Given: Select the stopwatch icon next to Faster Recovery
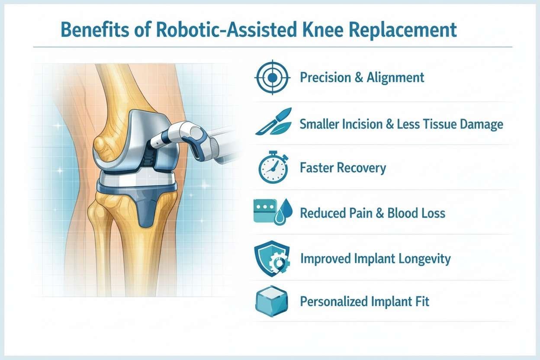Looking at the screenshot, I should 273,168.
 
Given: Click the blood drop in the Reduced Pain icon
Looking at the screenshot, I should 286,211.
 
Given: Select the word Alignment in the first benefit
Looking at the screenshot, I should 395,78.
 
